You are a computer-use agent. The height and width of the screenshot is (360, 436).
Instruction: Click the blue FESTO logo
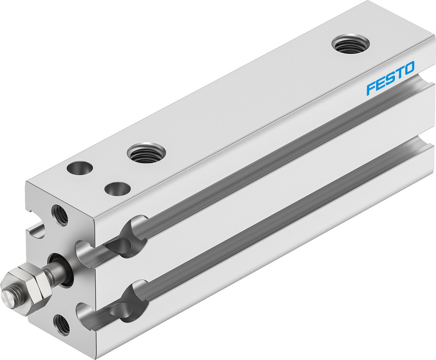point(390,78)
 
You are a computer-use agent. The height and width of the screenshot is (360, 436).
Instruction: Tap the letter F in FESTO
point(370,87)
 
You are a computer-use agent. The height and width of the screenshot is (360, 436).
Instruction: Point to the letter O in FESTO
point(409,69)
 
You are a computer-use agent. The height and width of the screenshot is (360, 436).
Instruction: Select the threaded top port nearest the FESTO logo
point(350,44)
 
